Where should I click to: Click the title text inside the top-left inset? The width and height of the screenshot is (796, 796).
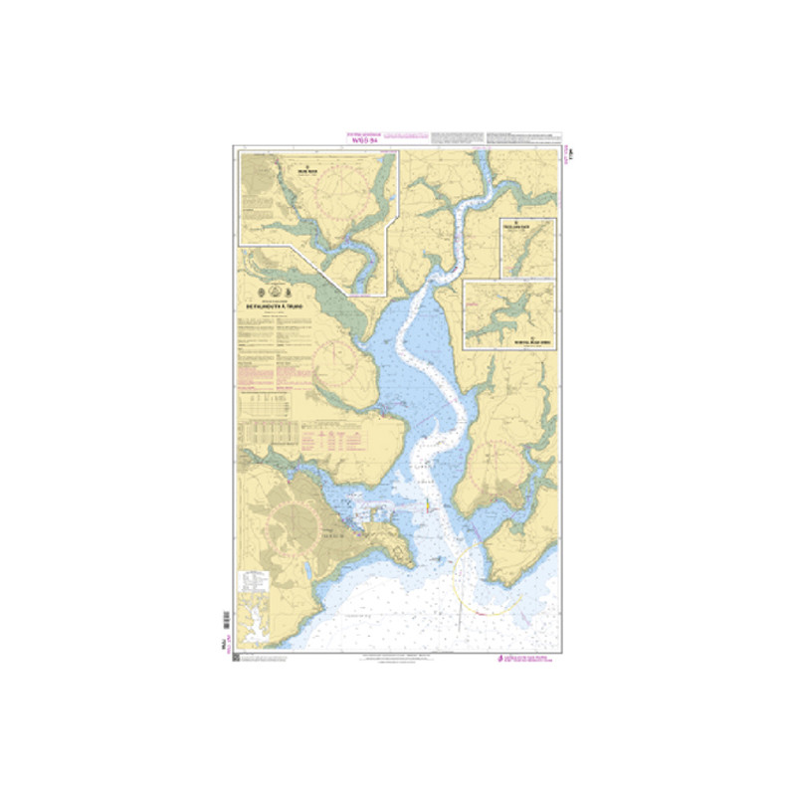(308, 170)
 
